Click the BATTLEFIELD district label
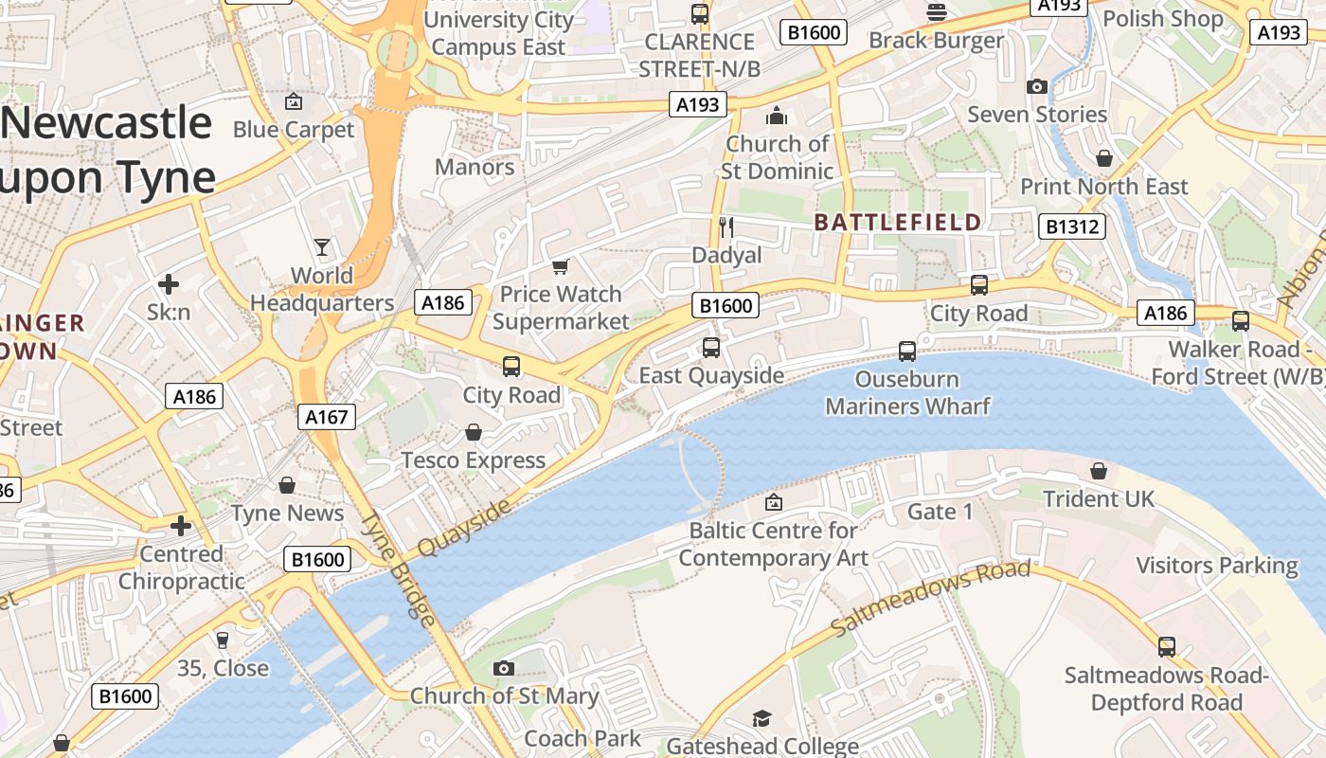pos(898,223)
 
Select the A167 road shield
pos(327,417)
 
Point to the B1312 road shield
pos(1072,226)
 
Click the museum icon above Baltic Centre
pos(774,502)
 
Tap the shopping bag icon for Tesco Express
pos(474,433)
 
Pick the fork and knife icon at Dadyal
pos(726,226)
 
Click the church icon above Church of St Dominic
pos(777,116)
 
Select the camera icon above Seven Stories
pos(1037,87)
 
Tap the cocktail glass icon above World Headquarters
pos(322,247)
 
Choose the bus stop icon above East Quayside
pos(711,348)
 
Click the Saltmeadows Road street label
pos(930,599)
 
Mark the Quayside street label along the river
pos(464,528)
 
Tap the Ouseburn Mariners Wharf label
pos(907,393)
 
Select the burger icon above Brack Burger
pos(937,12)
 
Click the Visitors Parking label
pos(1216,566)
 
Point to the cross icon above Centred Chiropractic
pos(181,526)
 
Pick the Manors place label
pos(475,168)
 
